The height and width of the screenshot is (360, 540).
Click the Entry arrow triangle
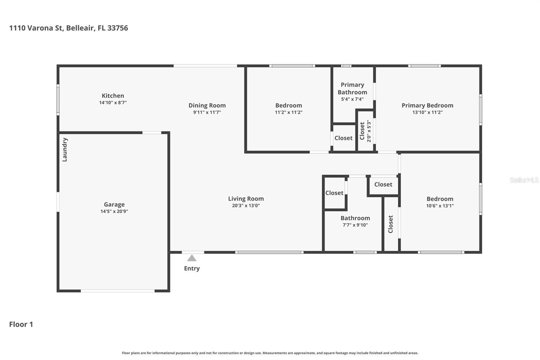click(x=192, y=258)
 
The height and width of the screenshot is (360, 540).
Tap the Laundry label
click(x=65, y=150)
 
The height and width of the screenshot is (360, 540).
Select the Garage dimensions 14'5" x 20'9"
click(x=114, y=211)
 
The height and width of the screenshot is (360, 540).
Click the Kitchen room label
click(x=113, y=96)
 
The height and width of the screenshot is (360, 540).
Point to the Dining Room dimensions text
click(x=207, y=112)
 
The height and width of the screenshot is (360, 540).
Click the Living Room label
click(x=246, y=199)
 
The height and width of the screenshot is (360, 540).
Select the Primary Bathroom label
click(x=352, y=88)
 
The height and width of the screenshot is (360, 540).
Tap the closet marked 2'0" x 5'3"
click(x=365, y=131)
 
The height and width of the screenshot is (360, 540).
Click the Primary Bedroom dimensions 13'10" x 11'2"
click(x=427, y=112)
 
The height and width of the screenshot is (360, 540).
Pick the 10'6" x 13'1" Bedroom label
click(x=440, y=199)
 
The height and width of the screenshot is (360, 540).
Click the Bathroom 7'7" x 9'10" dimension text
click(x=355, y=225)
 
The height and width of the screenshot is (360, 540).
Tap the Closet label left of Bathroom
click(x=334, y=193)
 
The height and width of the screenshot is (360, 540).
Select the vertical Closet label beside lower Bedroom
click(x=391, y=224)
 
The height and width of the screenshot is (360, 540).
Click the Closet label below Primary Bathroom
click(x=343, y=138)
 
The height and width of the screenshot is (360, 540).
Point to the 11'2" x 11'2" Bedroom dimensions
click(x=289, y=112)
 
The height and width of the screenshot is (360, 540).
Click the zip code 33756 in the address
click(x=117, y=28)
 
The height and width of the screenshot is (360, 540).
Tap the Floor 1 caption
click(x=21, y=324)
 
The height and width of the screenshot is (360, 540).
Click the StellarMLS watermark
click(x=524, y=180)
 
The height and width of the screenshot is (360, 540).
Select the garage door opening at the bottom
click(x=117, y=291)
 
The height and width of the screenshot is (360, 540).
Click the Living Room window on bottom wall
click(x=269, y=252)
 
